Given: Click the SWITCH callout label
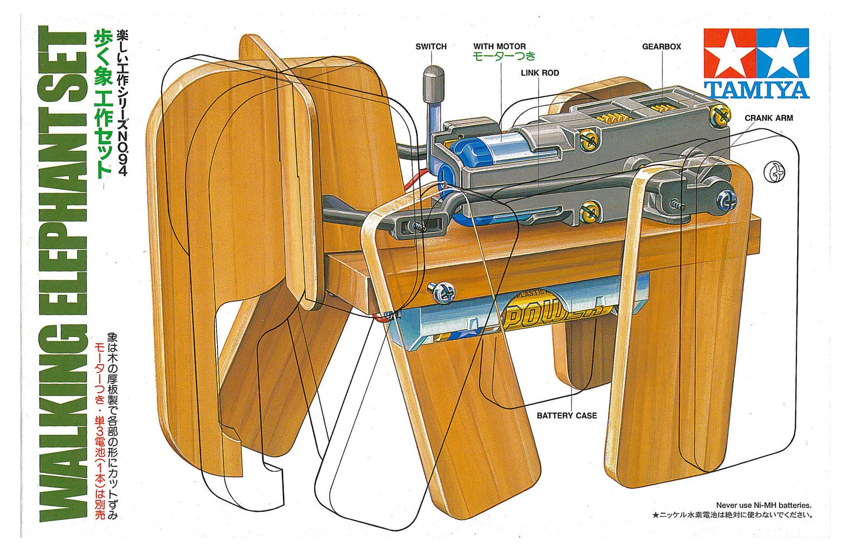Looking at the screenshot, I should point(431,46).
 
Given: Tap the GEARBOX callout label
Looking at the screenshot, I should point(661,46).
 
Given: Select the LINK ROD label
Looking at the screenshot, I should point(540,73).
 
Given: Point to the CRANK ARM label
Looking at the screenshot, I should point(768,118).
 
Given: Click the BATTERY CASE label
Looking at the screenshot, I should point(567,415).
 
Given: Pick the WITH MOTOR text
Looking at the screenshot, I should point(499,46).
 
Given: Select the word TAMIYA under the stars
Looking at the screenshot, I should point(756,90).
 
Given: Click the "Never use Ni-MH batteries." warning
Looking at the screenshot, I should point(763,505).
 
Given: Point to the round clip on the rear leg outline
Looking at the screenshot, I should point(774,172).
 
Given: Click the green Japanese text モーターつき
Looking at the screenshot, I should point(504,56).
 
